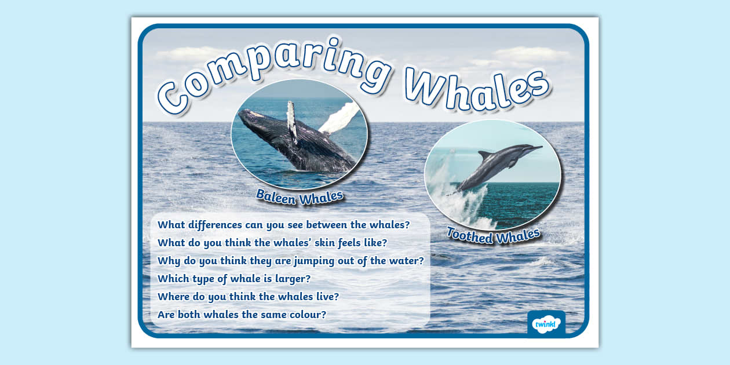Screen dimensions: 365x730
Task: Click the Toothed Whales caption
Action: point(493,235)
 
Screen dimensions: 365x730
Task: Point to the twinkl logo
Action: point(546,323)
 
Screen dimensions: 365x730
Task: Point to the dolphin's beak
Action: point(536,148)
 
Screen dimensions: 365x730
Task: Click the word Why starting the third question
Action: point(169,261)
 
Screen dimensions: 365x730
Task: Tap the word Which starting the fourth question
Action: point(174,279)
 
